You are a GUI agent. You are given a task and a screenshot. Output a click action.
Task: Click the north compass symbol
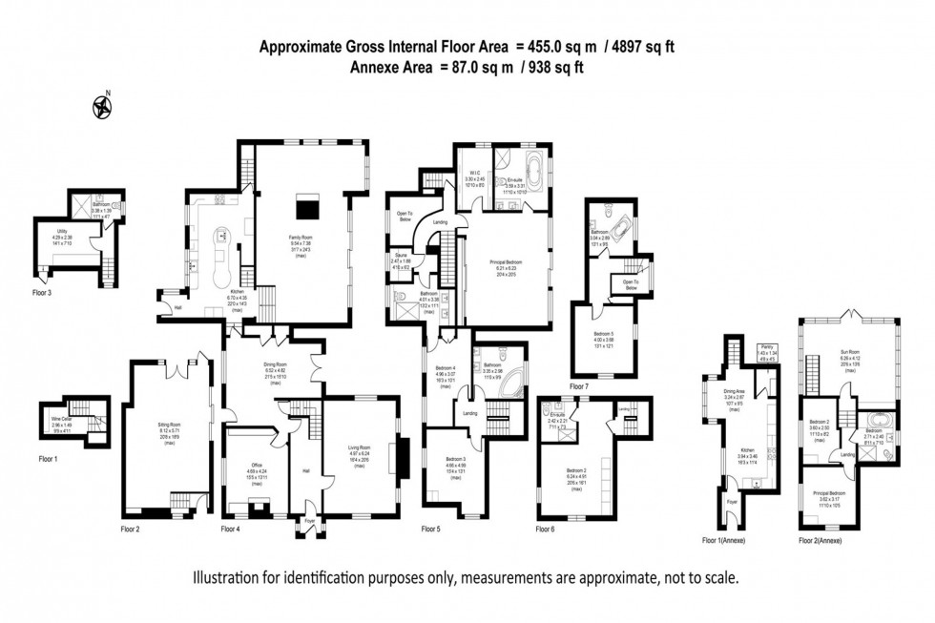(100, 107)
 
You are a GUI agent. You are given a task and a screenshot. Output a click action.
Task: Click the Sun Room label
(848, 357)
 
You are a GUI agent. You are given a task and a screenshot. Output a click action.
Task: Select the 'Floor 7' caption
(579, 387)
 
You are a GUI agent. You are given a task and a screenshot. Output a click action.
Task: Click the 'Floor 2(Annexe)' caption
(821, 541)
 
